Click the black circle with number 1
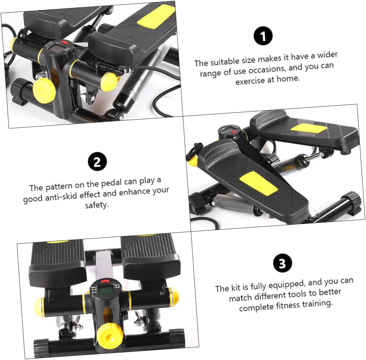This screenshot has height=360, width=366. point(263,36)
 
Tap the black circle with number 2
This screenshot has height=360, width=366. point(97,162)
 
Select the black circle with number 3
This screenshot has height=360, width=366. point(282,263)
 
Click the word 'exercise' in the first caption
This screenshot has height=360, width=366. point(251,81)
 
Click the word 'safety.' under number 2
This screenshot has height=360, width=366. point(97,205)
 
